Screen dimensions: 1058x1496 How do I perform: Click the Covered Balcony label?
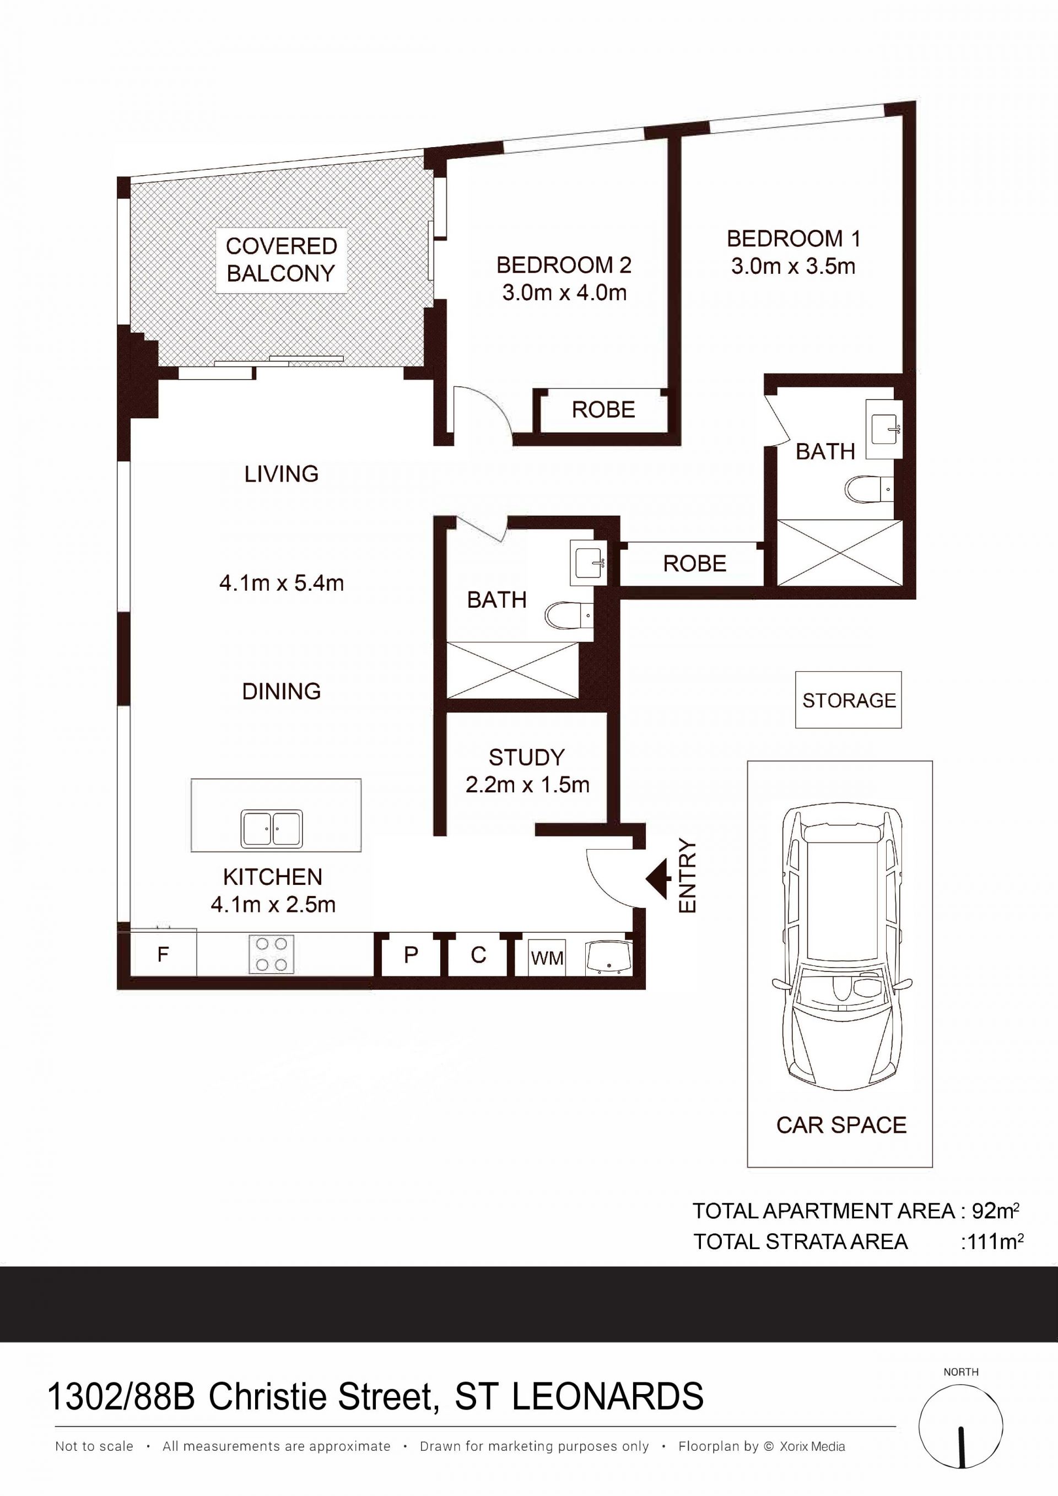pos(281,260)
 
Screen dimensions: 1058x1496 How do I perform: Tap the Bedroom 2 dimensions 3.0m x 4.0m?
pos(564,293)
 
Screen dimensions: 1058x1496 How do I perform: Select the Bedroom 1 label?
pos(793,239)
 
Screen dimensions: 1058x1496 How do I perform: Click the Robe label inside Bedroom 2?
pos(603,410)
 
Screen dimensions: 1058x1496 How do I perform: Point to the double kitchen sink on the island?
pos(272,829)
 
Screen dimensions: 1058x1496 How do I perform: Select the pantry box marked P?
pos(411,955)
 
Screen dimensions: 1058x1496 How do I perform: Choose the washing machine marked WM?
pos(547,958)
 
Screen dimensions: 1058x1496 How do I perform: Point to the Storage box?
pos(848,700)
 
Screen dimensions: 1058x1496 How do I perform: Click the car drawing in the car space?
pos(841,947)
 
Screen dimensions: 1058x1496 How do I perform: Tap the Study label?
pos(526,757)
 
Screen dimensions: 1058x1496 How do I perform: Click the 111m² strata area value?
pos(991,1242)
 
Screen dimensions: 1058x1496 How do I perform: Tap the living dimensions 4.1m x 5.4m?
pos(282,583)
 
